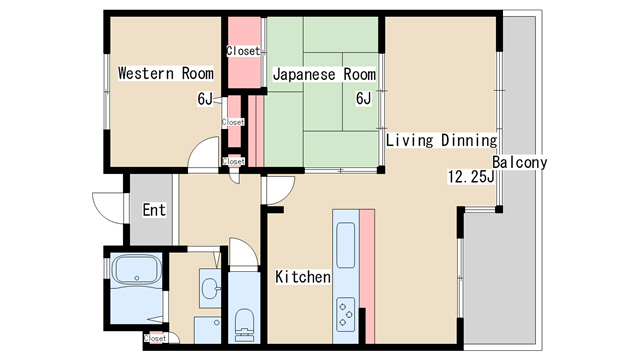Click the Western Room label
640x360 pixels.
click(166, 73)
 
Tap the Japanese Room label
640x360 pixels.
click(324, 74)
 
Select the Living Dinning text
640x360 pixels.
click(442, 140)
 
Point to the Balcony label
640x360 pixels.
click(519, 162)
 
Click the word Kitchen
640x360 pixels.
click(303, 277)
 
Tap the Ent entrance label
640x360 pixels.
click(154, 210)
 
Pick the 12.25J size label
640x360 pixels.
click(471, 177)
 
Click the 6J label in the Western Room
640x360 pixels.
click(205, 99)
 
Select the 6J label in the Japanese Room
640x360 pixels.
click(364, 98)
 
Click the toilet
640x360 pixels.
click(244, 325)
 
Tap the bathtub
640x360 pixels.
click(137, 271)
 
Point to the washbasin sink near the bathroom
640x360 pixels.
click(210, 288)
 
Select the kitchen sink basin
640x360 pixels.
click(345, 245)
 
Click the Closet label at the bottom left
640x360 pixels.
click(155, 338)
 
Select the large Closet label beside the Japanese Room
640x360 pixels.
click(243, 51)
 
